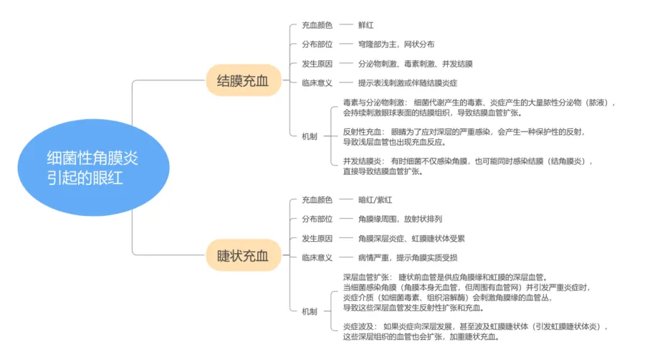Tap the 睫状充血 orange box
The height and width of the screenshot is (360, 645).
243,255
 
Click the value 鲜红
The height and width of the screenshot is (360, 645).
367,25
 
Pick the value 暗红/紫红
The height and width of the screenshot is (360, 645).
376,199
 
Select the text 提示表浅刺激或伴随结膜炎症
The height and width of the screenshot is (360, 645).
408,82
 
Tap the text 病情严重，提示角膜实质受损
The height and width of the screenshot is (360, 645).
408,257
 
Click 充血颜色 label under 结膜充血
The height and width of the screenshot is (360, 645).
317,25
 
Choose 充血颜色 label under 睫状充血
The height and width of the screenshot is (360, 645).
317,199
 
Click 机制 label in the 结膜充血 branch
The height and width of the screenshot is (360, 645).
310,136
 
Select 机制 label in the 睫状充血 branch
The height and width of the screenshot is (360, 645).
310,311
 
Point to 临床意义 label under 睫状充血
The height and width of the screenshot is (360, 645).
317,257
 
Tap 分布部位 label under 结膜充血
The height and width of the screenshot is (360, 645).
317,44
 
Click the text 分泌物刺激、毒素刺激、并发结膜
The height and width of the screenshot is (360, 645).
416,64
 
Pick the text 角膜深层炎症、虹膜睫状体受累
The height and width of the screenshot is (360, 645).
412,238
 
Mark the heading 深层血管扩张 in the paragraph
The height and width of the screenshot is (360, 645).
365,277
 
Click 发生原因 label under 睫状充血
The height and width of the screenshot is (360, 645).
317,238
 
